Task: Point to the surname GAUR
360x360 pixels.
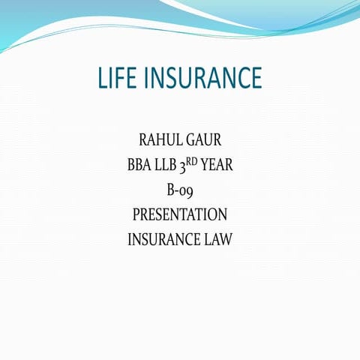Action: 202,140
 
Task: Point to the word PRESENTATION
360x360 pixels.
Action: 180,215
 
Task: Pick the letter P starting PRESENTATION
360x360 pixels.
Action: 136,215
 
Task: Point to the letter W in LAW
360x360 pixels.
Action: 226,240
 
